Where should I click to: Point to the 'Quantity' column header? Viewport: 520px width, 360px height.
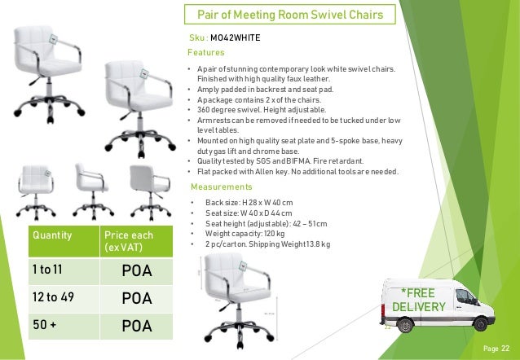[51, 235]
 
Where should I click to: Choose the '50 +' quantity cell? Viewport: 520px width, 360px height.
[40, 326]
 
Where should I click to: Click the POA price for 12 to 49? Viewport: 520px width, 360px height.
[136, 298]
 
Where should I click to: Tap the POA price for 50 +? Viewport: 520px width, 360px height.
[136, 327]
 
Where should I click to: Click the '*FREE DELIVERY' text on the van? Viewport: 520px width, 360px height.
[418, 300]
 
